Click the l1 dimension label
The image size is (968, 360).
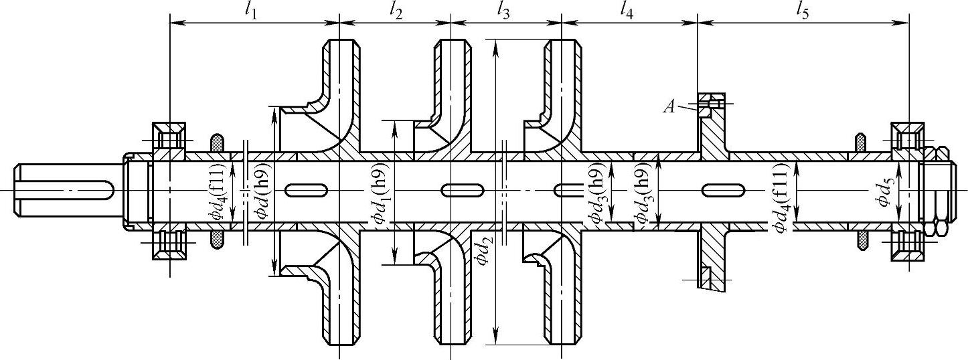[252, 11]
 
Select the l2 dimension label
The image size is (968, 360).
[395, 11]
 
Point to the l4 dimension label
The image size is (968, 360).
[626, 11]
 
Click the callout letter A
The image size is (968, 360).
[669, 106]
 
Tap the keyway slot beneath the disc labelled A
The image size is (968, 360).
[723, 191]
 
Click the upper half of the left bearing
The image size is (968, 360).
[169, 139]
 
